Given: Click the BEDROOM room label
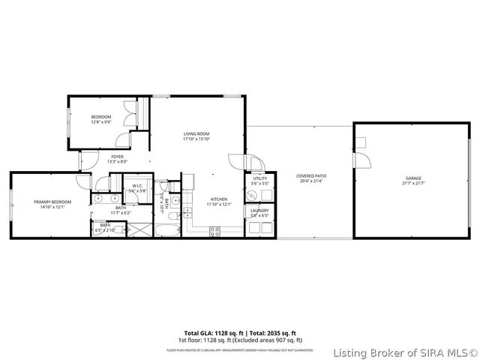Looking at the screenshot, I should [101, 117].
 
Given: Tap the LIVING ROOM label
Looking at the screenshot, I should [196, 133].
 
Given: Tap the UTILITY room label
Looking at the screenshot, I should [259, 179].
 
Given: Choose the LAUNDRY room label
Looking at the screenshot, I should [259, 211].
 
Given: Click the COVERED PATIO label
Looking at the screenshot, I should [311, 176].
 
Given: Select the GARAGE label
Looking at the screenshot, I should [414, 178].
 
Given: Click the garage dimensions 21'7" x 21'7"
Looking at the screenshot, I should [414, 183].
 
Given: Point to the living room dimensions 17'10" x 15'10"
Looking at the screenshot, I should [196, 139].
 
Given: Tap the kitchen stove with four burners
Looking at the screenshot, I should [215, 231].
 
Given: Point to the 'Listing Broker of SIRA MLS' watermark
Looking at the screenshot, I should [405, 352].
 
